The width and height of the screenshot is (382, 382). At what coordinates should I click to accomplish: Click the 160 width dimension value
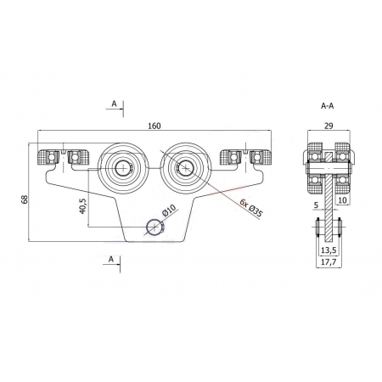coord(154,126)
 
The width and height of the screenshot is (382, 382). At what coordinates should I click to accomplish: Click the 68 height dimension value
coord(25,199)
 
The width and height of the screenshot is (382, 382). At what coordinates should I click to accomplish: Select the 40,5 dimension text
coord(82,205)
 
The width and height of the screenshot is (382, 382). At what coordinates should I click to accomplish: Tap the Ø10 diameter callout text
coord(169,211)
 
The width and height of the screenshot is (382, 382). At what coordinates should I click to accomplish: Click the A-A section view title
coord(328,106)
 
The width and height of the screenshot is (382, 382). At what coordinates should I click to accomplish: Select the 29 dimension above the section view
coord(329,126)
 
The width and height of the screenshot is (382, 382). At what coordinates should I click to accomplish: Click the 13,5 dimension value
coord(329,250)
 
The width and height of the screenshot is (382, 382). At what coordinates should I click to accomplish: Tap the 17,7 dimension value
coord(329,262)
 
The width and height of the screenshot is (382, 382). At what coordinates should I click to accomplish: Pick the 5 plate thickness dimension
coord(317,205)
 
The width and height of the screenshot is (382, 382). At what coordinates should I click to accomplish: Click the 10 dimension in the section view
coord(342,200)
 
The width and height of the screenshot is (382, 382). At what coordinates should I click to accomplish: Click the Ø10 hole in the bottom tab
coord(154,227)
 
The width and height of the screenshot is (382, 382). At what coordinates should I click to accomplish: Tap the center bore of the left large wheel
coord(123,168)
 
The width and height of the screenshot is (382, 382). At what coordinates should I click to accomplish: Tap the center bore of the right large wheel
coord(185,168)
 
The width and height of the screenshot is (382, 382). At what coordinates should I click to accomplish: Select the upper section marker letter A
coord(114,104)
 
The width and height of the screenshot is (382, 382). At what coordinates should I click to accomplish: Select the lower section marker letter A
coord(111,259)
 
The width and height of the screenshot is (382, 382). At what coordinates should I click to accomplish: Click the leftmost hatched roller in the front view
coord(48,157)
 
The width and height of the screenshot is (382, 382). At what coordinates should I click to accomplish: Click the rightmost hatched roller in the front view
coord(261,157)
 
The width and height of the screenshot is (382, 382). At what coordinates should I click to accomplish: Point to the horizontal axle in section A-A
coord(329,168)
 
